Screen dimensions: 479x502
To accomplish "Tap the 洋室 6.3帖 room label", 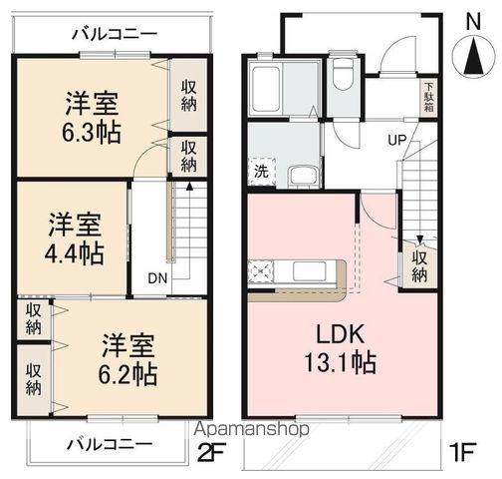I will pos(93,118).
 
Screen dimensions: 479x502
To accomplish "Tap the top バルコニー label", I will pos(114,33).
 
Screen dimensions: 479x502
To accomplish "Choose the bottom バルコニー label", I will pos(110,442).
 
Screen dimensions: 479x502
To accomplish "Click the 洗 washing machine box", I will pos(260,172).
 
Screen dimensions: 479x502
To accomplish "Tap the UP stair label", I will pos(396,139).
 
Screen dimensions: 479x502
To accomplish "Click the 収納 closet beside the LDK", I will pos(420,263).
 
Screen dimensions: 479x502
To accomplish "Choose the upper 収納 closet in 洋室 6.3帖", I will pos(188,96).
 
